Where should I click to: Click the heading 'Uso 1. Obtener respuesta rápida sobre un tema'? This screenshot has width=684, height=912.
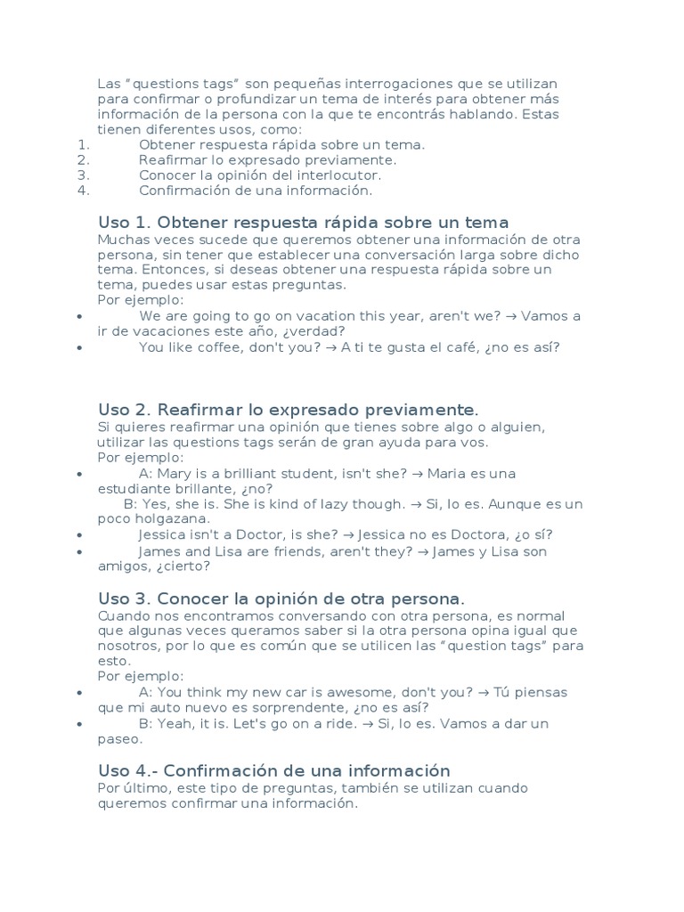303,223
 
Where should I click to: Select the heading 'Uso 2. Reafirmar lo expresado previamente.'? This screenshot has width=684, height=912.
288,410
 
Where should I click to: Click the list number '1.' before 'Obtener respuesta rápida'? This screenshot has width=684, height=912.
85,144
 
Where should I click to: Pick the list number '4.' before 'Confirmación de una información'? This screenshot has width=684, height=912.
85,190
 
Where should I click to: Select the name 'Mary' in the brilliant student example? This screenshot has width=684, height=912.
176,473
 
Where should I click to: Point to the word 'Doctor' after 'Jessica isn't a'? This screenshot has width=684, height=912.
269,534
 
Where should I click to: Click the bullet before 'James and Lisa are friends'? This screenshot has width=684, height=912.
80,552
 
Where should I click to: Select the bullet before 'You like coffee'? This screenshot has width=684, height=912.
80,348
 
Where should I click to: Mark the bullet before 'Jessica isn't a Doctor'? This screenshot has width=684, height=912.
80,535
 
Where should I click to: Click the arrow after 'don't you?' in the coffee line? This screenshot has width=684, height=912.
331,347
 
